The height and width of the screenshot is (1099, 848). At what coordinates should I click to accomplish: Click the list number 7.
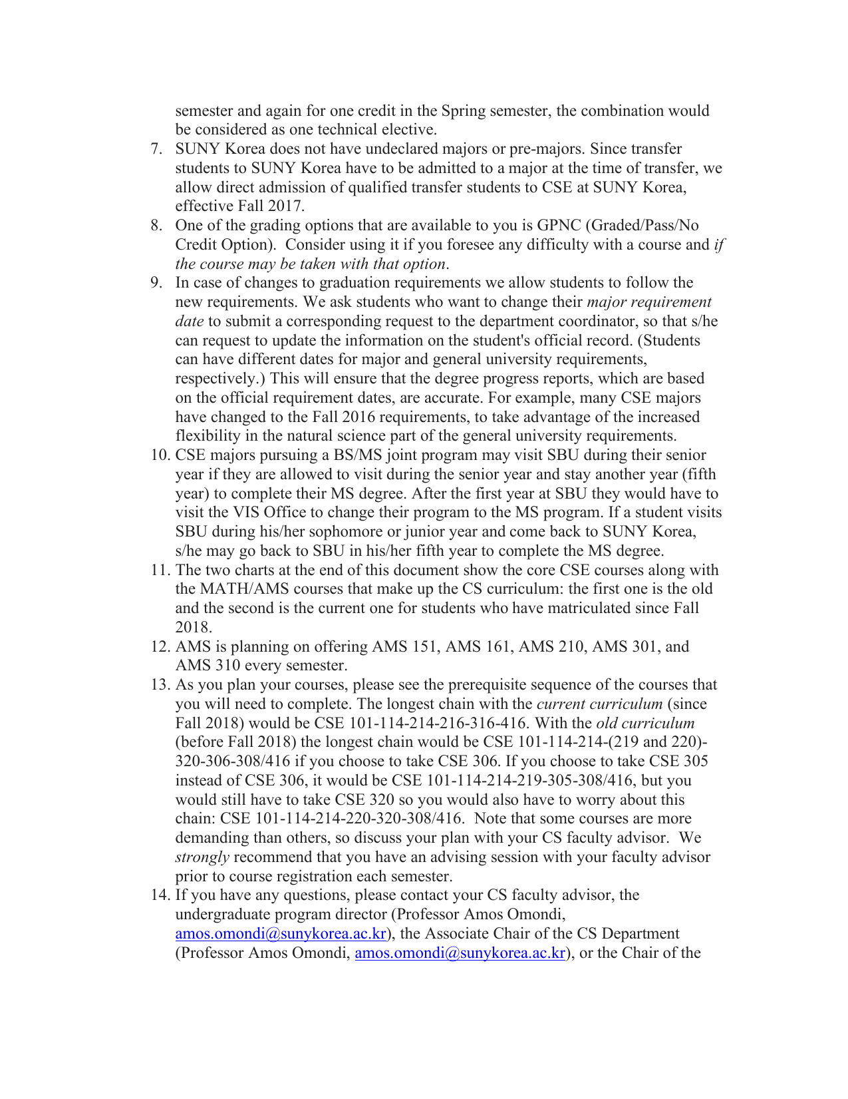coord(156,149)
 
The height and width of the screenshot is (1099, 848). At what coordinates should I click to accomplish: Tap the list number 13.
coord(160,685)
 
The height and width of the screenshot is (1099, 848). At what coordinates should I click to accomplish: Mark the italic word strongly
coord(202,857)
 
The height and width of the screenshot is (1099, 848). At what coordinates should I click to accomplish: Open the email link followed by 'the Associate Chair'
coord(281,934)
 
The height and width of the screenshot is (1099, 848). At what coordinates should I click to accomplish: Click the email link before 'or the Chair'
coord(460,953)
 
